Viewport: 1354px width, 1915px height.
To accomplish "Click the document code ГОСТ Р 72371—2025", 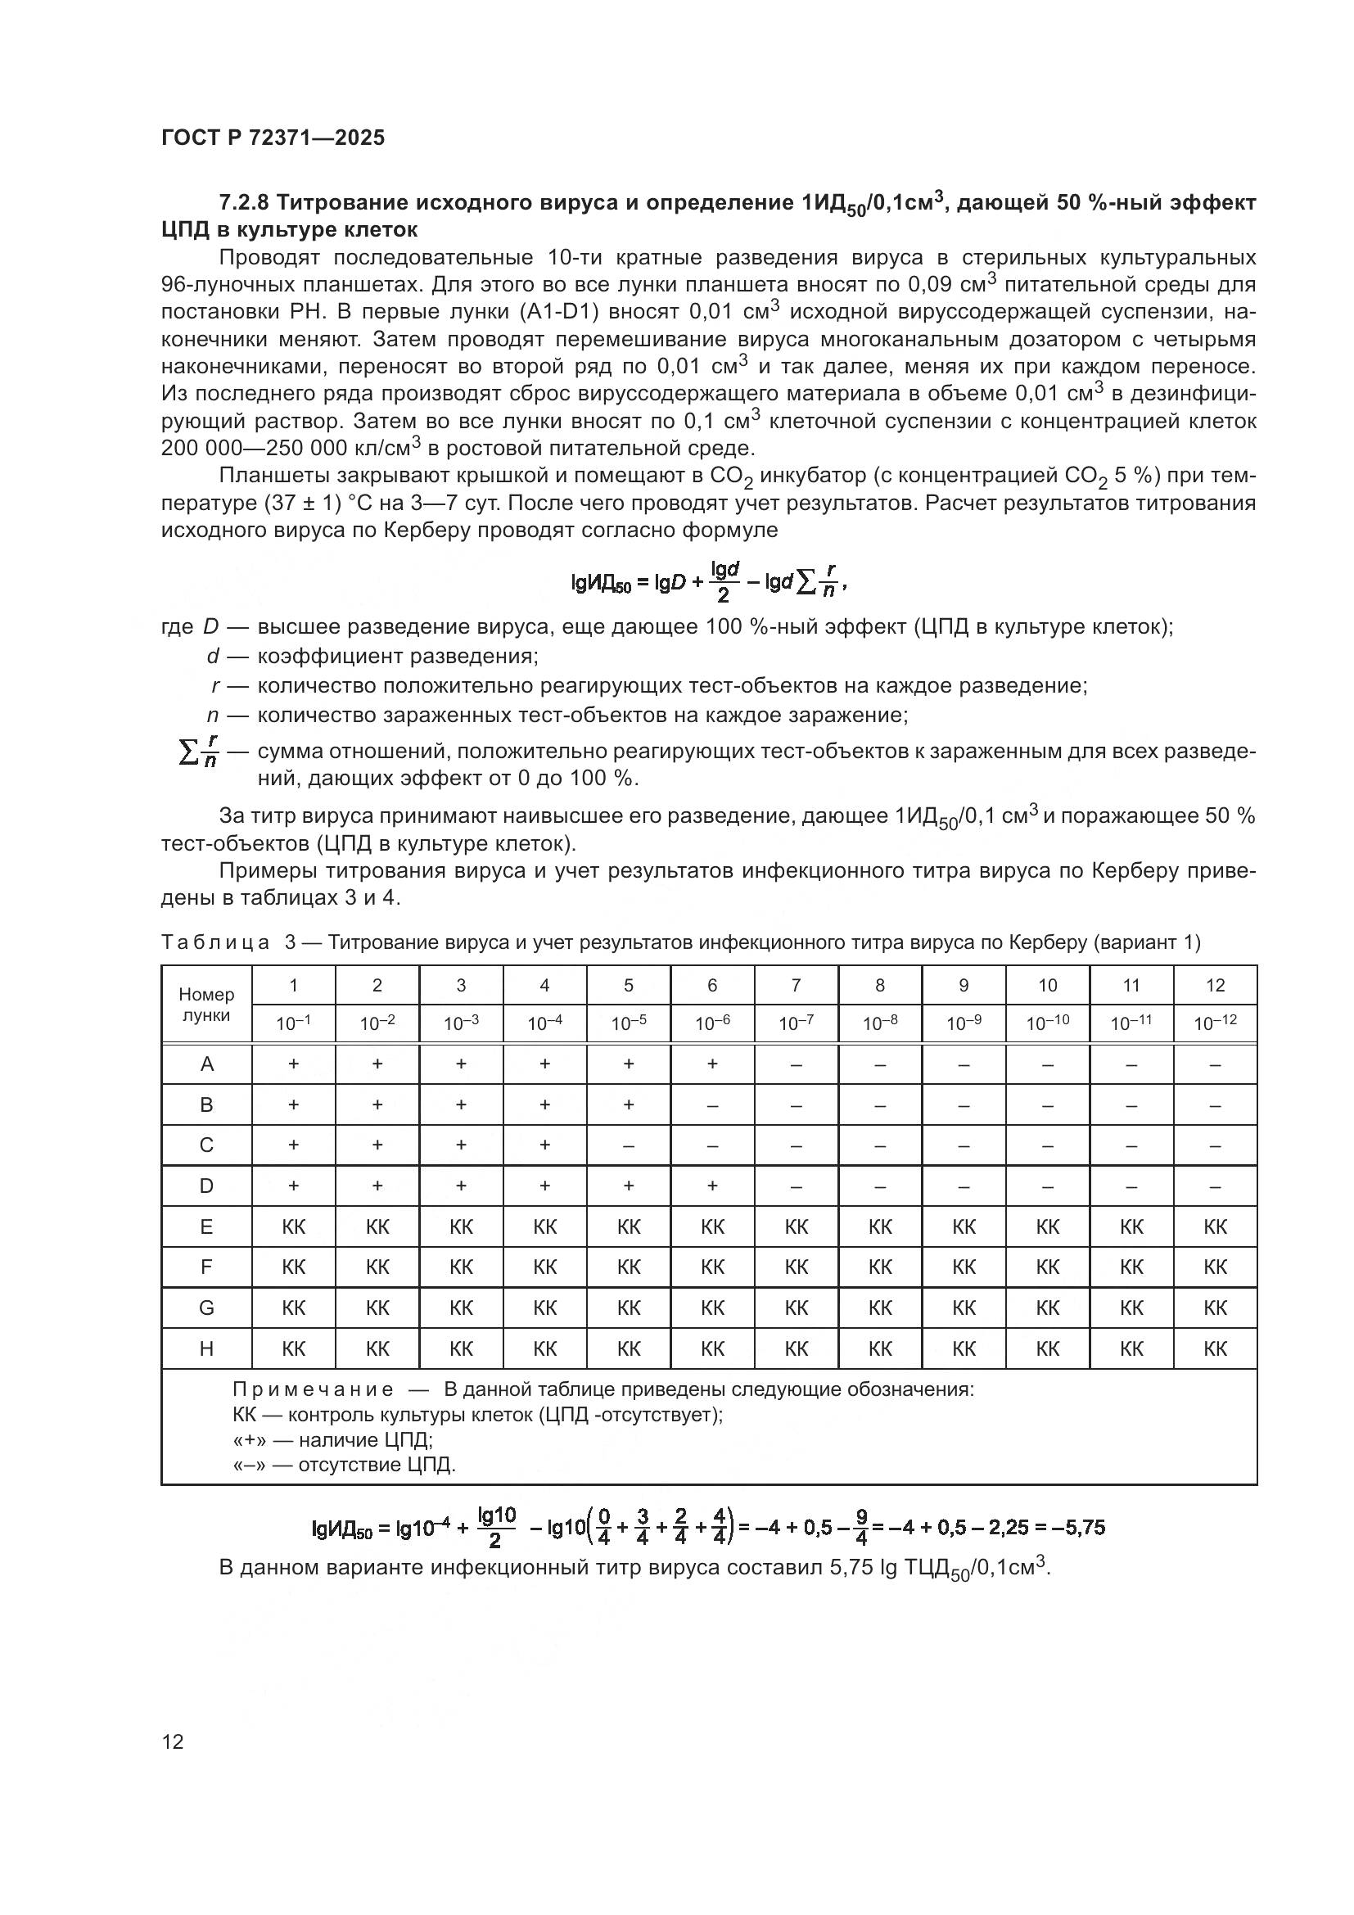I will (x=273, y=138).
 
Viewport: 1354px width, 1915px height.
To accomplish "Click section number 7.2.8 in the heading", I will (x=243, y=203).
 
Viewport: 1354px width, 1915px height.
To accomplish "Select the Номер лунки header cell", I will (x=206, y=1005).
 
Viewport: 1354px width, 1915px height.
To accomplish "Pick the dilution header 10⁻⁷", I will (x=796, y=1023).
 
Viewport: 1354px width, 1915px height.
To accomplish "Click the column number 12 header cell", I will (x=1215, y=985).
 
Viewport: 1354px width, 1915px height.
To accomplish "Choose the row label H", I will (x=206, y=1348).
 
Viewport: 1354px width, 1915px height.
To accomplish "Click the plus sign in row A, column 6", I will (x=712, y=1064).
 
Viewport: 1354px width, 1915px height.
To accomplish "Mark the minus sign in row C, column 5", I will (x=629, y=1146).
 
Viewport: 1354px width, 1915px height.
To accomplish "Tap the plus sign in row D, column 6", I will (x=712, y=1186).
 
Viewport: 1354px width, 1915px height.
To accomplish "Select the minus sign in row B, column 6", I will (x=712, y=1105).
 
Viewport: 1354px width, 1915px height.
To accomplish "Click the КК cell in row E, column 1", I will (x=294, y=1227).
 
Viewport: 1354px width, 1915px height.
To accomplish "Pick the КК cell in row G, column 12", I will (x=1215, y=1308).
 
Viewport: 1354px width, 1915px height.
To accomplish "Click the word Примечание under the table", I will (x=313, y=1389).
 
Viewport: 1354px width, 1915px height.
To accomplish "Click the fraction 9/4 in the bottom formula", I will (x=861, y=1528).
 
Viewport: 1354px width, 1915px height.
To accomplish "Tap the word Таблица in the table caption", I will (x=215, y=942).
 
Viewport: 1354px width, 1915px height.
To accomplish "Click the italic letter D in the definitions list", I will (x=210, y=627).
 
